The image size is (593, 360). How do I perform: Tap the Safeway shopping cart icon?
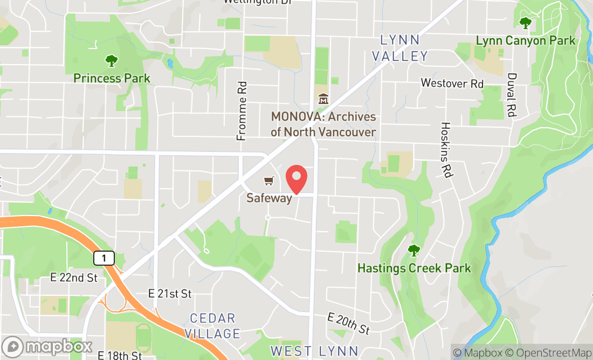(x=268, y=181)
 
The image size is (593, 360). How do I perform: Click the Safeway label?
(x=269, y=198)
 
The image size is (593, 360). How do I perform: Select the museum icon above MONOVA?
(x=323, y=99)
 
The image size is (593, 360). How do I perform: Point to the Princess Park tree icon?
(x=112, y=61)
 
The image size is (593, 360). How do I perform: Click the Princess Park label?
(x=112, y=78)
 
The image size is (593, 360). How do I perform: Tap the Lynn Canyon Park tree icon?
(x=525, y=23)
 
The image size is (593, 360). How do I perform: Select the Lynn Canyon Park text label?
(x=525, y=40)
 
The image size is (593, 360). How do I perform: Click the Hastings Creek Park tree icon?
(x=413, y=251)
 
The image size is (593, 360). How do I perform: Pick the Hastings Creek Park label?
(x=414, y=268)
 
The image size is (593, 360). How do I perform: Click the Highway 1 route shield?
(x=104, y=259)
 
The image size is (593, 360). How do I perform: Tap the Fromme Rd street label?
(x=242, y=111)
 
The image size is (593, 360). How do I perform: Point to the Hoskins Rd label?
(x=445, y=150)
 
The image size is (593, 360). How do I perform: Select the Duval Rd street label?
(x=512, y=95)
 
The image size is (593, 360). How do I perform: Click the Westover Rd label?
(x=452, y=83)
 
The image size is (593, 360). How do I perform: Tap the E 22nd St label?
(x=74, y=278)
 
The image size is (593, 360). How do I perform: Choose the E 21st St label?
(x=170, y=294)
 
